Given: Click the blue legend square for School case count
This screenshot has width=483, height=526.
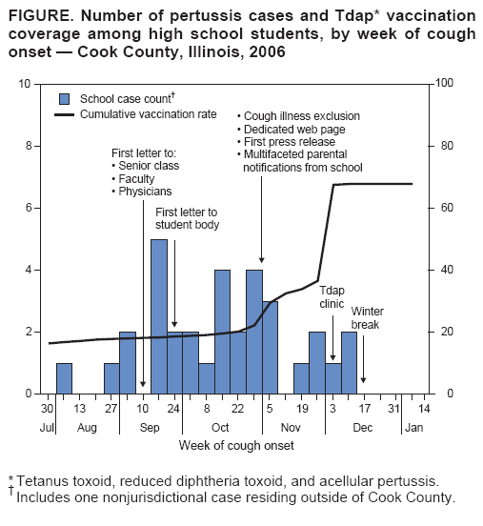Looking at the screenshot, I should [65, 98].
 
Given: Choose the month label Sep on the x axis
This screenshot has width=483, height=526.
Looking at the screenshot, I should [151, 428].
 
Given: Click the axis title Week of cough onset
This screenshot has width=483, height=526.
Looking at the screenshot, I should [235, 445].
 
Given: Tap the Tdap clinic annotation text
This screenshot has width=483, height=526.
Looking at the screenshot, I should [332, 297].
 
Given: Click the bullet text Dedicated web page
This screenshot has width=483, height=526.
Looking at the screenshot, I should [294, 129].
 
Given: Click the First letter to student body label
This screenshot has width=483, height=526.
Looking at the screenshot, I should [188, 218].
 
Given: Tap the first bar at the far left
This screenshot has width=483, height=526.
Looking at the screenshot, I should [64, 378].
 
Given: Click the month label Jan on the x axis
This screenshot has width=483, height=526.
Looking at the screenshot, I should [413, 428].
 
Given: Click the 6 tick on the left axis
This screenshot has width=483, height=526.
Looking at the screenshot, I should [26, 208].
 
